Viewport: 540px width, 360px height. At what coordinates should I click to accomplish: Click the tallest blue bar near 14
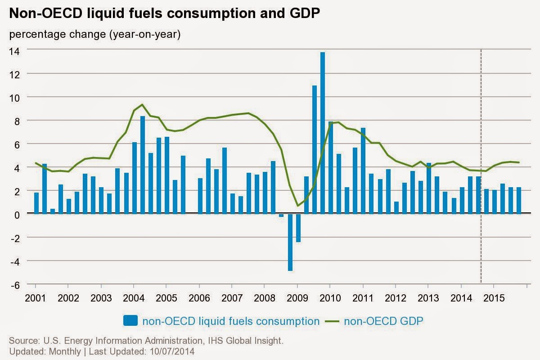pyautogui.click(x=323, y=133)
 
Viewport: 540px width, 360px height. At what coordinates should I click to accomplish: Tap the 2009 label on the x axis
pyautogui.click(x=297, y=298)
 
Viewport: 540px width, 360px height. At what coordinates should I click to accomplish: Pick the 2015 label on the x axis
pyautogui.click(x=493, y=298)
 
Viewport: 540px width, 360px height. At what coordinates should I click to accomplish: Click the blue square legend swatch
pyautogui.click(x=130, y=320)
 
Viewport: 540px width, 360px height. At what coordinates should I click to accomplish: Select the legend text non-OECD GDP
pyautogui.click(x=383, y=321)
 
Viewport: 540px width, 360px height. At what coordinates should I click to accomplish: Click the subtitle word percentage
pyautogui.click(x=36, y=35)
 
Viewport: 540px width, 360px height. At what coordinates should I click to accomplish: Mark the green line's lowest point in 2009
pyautogui.click(x=298, y=206)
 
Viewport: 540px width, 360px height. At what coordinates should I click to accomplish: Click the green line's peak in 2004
pyautogui.click(x=142, y=104)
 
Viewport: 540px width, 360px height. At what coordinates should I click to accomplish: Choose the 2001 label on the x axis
pyautogui.click(x=35, y=298)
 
